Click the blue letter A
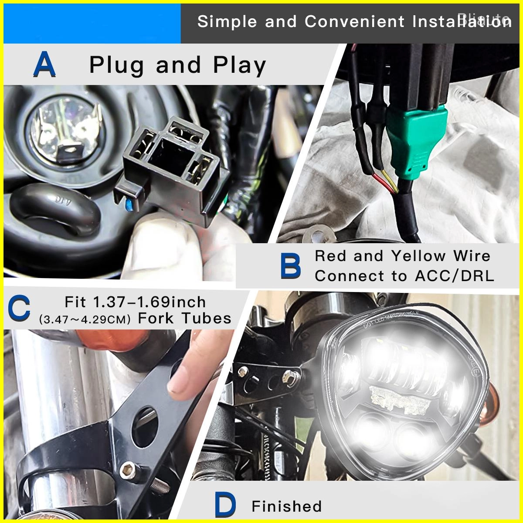pos(44,65)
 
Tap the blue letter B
pos(290,266)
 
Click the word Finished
pos(286,506)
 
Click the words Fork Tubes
pos(184,319)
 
